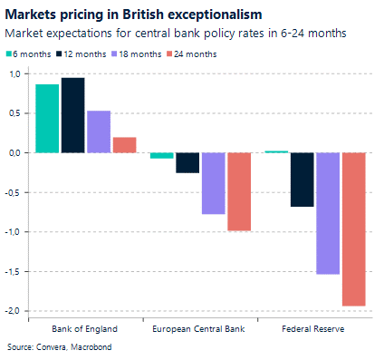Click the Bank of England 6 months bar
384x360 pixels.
47,118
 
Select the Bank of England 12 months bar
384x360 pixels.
72,115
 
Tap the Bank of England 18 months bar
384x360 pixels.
99,131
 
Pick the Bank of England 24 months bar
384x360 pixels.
124,144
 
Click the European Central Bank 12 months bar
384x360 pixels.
187,162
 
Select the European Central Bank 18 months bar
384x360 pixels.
213,183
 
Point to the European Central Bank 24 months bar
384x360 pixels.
239,191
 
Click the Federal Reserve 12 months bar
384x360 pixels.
302,180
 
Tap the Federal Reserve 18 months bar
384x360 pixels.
328,213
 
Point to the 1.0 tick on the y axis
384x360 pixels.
12,73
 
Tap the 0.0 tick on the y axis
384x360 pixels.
12,152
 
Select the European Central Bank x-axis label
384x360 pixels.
200,327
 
